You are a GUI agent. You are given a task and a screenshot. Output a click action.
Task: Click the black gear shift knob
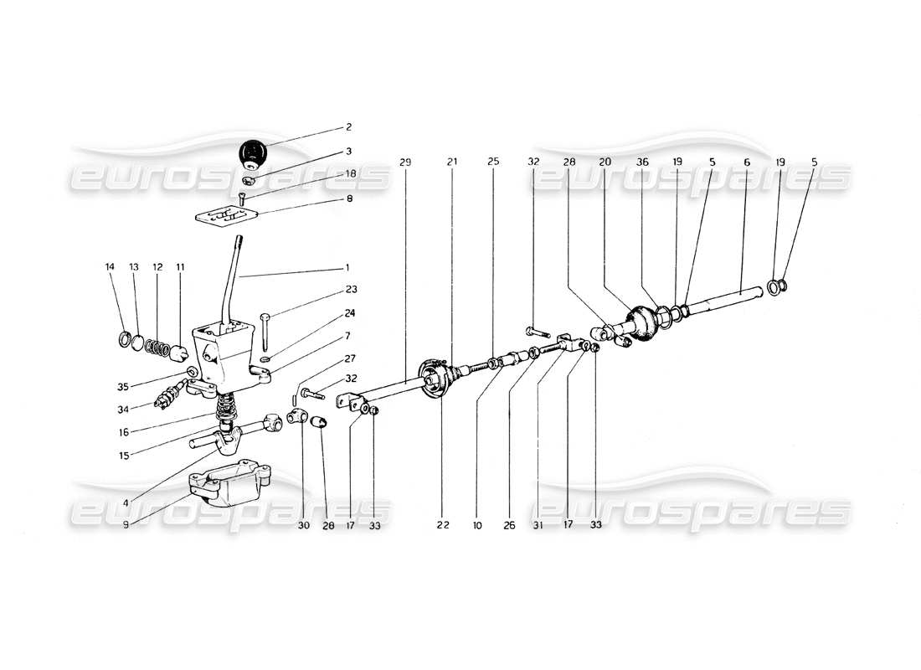251,152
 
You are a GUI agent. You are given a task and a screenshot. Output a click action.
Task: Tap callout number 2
349,127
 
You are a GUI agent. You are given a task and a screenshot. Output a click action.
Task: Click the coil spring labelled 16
224,408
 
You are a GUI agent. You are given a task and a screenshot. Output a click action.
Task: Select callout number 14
110,267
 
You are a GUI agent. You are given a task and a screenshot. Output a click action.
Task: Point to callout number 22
442,525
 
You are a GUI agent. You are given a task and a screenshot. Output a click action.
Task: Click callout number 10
477,525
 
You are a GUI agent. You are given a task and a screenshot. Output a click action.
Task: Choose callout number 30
304,525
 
